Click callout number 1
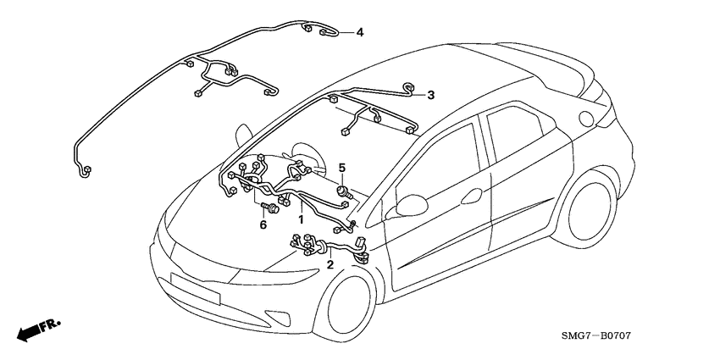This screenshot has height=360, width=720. [x=299, y=219]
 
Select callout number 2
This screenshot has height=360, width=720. [x=330, y=264]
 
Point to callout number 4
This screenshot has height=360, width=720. [x=360, y=32]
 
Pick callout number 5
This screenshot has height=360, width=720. [x=342, y=168]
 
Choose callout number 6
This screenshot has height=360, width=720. [x=263, y=224]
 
